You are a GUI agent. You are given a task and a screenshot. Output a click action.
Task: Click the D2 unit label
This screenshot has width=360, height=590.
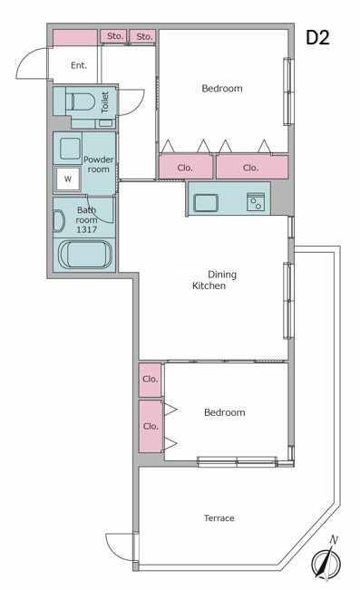(x=317, y=37)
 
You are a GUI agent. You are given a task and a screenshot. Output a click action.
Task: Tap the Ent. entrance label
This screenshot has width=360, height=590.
(x=79, y=65)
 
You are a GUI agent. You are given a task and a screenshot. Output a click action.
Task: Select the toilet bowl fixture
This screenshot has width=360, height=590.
(x=80, y=102)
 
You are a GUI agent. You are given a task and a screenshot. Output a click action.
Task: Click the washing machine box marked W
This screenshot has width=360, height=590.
(x=68, y=179)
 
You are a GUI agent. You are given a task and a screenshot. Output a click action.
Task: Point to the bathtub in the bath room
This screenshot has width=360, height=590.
(x=85, y=255)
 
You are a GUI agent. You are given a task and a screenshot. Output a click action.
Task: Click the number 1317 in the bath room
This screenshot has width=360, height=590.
(x=87, y=229)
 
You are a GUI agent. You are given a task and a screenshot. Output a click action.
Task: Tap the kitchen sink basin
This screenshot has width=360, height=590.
(x=206, y=203)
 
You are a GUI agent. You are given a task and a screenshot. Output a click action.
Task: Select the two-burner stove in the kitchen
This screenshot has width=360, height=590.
(x=256, y=202)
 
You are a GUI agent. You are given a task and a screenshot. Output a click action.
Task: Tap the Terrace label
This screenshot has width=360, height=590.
(x=219, y=518)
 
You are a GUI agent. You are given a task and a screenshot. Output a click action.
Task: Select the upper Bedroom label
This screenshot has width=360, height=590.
(x=222, y=89)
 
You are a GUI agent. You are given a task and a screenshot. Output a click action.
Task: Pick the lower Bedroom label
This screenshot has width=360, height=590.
(x=225, y=412)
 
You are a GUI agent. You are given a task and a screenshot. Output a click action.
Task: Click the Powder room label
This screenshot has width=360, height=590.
(x=98, y=164)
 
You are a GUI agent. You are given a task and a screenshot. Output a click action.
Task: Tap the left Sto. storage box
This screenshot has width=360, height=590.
(x=113, y=36)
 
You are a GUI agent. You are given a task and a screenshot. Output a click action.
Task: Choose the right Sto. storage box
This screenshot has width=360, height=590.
(x=143, y=36)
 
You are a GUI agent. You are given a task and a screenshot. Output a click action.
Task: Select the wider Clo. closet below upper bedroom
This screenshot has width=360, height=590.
(x=252, y=167)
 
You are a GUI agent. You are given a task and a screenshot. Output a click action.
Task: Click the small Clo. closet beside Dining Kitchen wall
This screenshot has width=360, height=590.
(x=150, y=380)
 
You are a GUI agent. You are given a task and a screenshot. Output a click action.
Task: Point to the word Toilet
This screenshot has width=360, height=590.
(x=105, y=102)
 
